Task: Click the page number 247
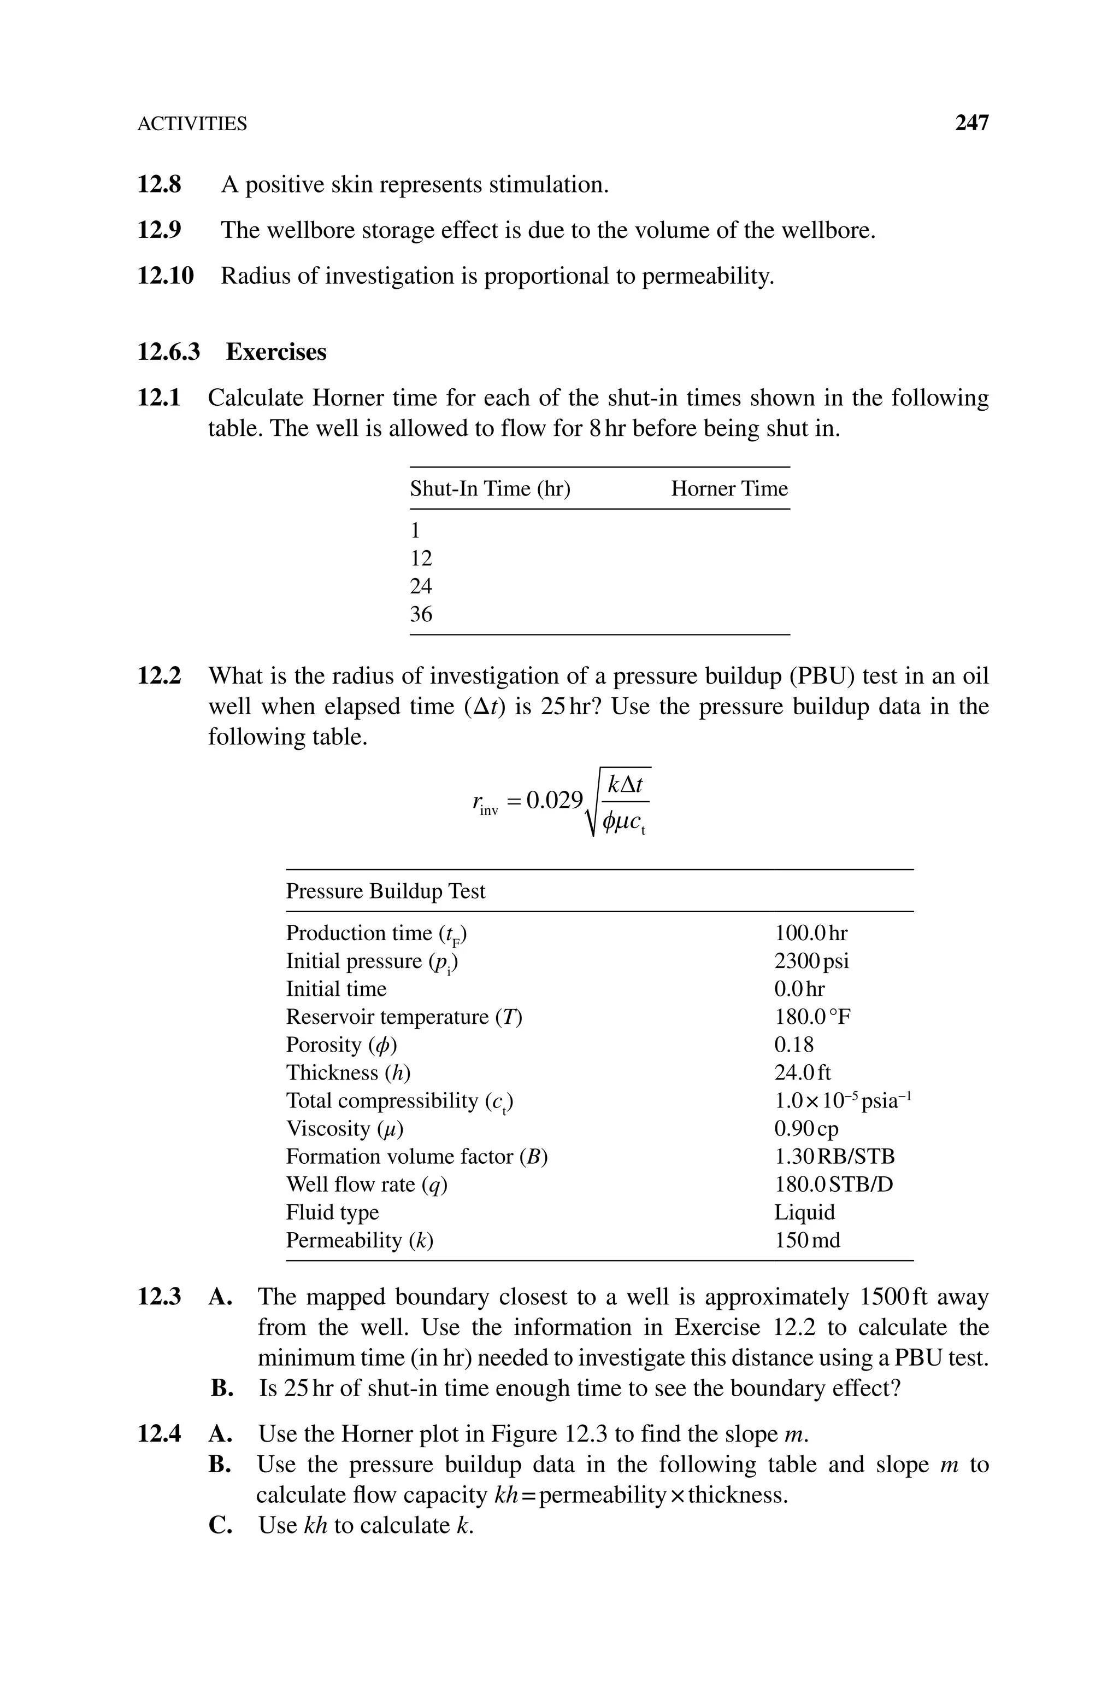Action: click(x=971, y=123)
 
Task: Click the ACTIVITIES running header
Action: click(x=192, y=124)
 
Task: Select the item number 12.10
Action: click(x=165, y=276)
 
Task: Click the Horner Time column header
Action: click(x=729, y=488)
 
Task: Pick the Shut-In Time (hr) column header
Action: click(x=490, y=488)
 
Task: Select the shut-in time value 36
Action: click(x=421, y=614)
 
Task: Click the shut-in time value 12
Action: click(x=421, y=558)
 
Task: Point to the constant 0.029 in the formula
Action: click(x=555, y=801)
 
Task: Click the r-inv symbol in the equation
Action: click(x=485, y=803)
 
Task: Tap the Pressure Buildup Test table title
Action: click(x=385, y=891)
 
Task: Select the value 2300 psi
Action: click(x=811, y=961)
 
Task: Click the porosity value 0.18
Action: click(x=793, y=1045)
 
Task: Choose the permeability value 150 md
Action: click(x=807, y=1240)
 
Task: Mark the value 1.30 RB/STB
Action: click(x=834, y=1157)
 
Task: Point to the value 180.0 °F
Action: click(x=812, y=1017)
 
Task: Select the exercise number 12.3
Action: click(x=158, y=1297)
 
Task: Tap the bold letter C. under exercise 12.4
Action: click(x=221, y=1525)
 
